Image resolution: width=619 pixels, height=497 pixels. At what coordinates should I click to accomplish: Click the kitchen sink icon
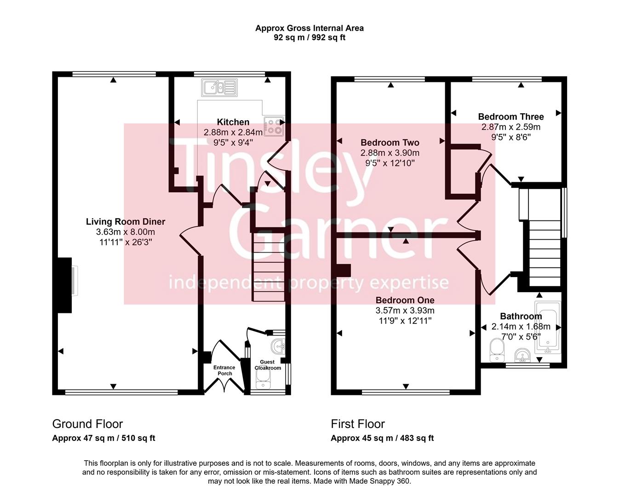tap(219, 87)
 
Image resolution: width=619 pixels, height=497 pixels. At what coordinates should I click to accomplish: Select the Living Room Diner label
tap(126, 222)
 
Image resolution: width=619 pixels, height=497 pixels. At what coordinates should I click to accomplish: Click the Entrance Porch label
tap(224, 370)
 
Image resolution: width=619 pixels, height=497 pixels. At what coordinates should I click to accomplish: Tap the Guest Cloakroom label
tap(268, 365)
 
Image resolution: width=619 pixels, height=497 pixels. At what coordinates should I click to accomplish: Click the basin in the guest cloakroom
tap(279, 345)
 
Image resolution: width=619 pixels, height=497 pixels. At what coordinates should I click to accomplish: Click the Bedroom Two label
tap(390, 143)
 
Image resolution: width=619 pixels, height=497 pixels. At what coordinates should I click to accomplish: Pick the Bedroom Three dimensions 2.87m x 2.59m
tap(510, 127)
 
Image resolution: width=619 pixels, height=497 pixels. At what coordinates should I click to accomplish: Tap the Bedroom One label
tap(405, 300)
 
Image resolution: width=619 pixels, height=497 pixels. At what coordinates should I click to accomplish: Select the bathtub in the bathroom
tap(547, 327)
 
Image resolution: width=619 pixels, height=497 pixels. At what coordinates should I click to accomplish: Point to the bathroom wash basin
tap(522, 355)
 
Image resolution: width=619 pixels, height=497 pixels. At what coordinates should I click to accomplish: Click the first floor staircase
tap(545, 253)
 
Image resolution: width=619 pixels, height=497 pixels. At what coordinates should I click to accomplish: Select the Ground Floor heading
tap(87, 424)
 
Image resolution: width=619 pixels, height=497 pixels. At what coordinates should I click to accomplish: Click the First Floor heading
tap(358, 424)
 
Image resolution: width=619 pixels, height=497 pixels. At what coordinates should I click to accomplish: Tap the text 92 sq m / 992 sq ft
tap(309, 38)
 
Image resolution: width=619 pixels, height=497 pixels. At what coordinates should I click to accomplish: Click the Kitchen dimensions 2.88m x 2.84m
tap(233, 133)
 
